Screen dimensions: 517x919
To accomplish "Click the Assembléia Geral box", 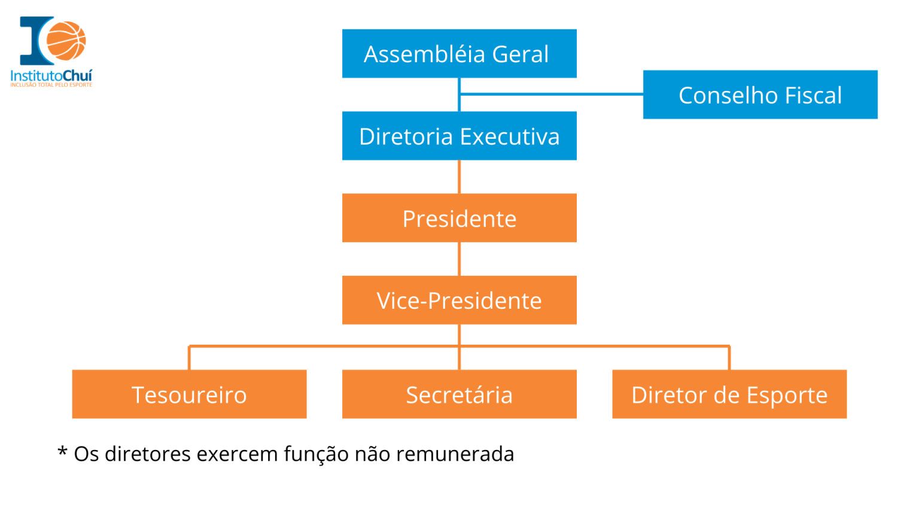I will pos(459,54).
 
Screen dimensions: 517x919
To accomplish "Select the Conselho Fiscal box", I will pos(760,95).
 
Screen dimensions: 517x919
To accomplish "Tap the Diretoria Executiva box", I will pos(459,136).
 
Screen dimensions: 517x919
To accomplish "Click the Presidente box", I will pos(459,218).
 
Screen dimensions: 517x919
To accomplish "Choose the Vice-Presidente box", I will pos(459,300).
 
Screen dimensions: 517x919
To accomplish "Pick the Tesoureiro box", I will pos(189,394).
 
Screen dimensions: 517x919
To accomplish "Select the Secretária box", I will pos(459,394).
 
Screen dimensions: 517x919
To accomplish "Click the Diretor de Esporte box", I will pos(729,394).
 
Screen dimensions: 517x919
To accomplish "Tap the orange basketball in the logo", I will pos(66,41).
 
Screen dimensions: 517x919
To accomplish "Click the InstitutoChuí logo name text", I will pos(51,75).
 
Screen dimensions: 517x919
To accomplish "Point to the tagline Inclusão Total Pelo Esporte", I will pos(51,85).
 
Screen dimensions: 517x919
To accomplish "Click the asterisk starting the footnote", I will pos(62,452).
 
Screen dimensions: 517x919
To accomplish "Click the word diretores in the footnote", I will pos(147,454).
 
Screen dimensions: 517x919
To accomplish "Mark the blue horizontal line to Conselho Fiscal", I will pos(550,94).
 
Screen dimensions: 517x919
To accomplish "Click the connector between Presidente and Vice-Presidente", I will pos(459,258).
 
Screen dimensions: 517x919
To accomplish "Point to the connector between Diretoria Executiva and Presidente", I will pos(459,177).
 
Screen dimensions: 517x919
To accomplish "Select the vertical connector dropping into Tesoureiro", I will pos(189,358).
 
